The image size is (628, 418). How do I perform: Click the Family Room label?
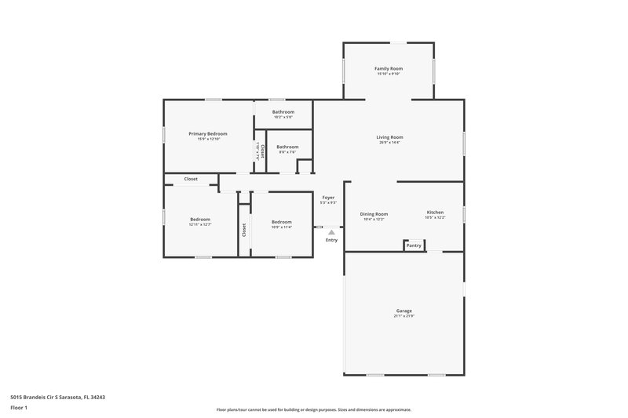389,69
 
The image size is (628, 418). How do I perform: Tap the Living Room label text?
389,137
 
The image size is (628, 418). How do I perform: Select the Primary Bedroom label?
207,134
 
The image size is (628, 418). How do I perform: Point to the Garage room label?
403,311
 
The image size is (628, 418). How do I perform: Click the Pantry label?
414,246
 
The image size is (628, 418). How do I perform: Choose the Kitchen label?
435,213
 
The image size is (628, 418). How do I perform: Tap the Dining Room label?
374,214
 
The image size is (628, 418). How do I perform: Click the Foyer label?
328,198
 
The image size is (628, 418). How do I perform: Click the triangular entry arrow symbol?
331,232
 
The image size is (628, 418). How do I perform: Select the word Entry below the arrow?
331,240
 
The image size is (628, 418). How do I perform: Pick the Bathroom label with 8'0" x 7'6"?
287,147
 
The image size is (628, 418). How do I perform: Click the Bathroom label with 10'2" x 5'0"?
283,112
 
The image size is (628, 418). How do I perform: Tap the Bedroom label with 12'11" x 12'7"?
200,219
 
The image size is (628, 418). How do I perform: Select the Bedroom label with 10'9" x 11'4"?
282,222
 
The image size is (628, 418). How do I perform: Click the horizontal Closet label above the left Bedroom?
191,179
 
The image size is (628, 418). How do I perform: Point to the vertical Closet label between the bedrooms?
244,230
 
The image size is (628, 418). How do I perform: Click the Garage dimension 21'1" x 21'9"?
403,317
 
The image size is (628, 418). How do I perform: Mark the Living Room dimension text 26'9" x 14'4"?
389,143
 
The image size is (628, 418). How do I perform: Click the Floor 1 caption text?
14,408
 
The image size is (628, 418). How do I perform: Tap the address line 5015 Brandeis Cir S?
55,398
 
